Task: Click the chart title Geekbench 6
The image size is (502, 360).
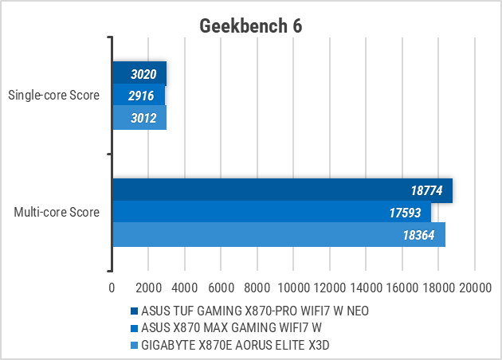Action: click(x=250, y=26)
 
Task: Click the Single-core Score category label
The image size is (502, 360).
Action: click(x=53, y=96)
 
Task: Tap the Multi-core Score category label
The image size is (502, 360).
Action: click(x=57, y=213)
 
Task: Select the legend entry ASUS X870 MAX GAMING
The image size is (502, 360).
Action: click(x=231, y=327)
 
